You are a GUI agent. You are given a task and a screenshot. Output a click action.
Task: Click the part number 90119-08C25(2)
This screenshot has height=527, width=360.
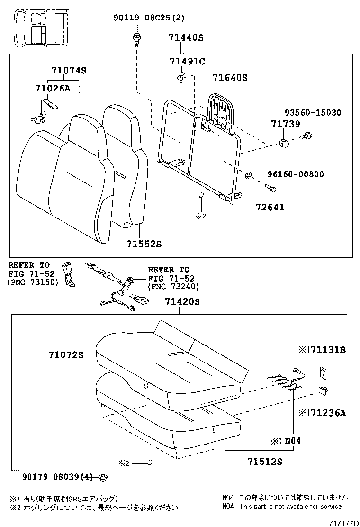tap(149, 18)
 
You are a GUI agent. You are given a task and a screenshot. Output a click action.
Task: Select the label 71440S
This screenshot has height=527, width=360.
tap(186, 37)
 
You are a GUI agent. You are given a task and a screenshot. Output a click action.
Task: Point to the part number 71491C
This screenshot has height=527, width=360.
tap(187, 61)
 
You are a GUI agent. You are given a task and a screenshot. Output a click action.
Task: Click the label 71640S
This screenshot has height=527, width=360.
tap(230, 78)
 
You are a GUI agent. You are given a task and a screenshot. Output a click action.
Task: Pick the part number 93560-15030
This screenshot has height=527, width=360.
tap(313, 112)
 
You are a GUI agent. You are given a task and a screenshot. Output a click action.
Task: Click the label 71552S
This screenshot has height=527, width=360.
tap(144, 244)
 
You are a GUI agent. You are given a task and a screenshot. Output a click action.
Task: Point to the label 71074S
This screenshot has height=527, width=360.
tap(69, 71)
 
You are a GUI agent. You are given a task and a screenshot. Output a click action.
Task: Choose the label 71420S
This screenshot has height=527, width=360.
tap(182, 301)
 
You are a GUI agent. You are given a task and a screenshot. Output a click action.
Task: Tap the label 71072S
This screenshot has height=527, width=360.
tap(65, 354)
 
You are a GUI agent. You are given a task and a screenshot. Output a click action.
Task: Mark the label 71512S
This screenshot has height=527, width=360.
tap(264, 461)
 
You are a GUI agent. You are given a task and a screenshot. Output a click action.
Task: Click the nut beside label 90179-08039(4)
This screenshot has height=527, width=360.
tap(103, 476)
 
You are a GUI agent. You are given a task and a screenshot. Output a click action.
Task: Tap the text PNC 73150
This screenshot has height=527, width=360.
tap(32, 282)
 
